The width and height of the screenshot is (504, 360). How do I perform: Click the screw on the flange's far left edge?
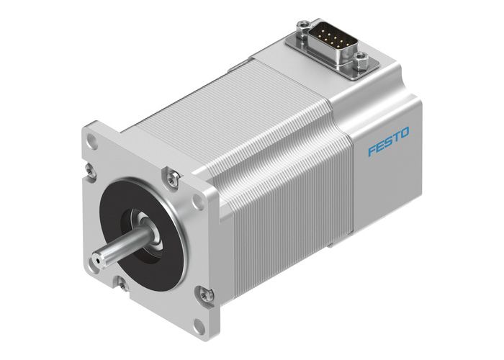tap(89, 170)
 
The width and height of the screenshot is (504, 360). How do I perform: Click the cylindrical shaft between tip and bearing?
tap(122, 245)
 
